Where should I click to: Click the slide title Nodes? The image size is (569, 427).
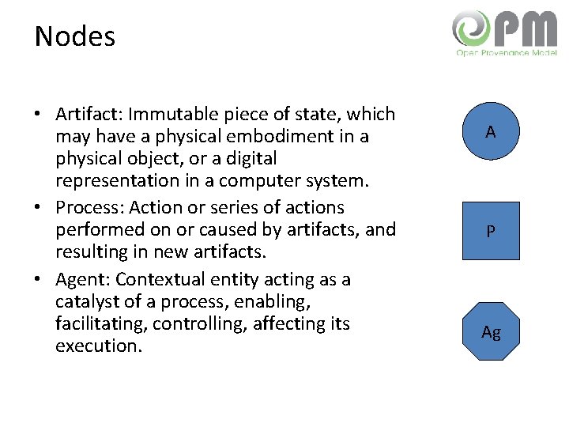point(75,36)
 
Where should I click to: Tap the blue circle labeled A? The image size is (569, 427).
point(491,131)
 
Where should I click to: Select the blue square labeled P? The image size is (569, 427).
point(491,231)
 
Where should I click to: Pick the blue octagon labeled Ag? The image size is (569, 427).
point(491,331)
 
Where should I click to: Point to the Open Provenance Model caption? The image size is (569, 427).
point(506,52)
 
